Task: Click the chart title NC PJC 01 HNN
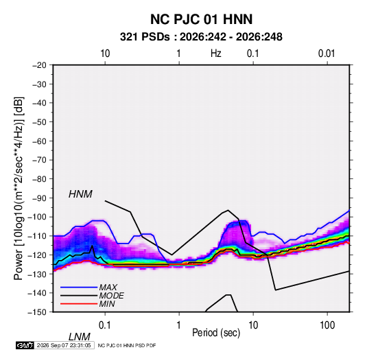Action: click(201, 19)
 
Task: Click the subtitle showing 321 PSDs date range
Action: click(201, 37)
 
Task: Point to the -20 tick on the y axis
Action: click(39, 65)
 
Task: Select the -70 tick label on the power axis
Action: click(39, 160)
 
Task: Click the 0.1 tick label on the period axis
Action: click(105, 325)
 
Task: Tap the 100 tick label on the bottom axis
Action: click(327, 325)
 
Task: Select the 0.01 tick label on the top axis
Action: click(327, 54)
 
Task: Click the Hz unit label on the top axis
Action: click(216, 54)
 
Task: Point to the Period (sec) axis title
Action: click(216, 333)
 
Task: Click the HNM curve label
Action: click(80, 194)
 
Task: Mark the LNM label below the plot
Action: click(80, 337)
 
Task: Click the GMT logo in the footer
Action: click(25, 345)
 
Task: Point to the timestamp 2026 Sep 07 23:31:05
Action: click(64, 345)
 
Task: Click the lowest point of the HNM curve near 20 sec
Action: click(276, 290)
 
